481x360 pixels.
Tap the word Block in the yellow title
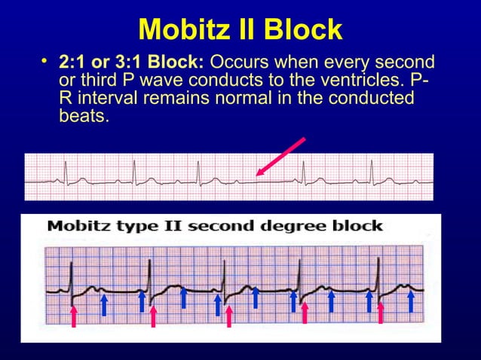(302, 30)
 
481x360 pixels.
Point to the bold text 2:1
(72, 62)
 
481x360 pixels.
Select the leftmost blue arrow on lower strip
(103, 304)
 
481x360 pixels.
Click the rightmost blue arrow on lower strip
(411, 301)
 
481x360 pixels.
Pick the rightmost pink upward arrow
(381, 312)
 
